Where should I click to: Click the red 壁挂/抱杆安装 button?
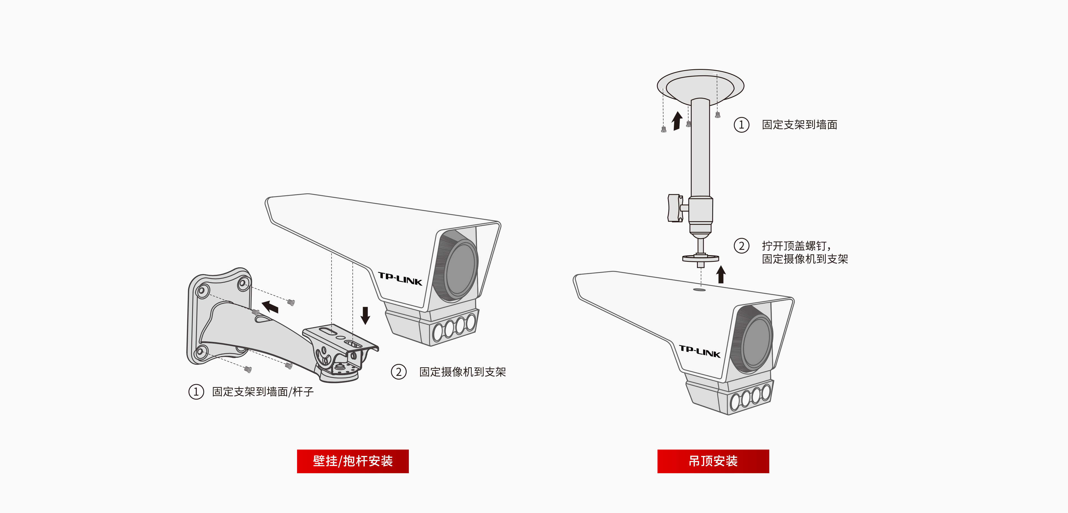352,461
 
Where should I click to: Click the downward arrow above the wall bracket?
365,315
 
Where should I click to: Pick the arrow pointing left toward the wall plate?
270,307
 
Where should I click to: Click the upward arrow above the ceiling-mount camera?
721,275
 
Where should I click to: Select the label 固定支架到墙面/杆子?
263,391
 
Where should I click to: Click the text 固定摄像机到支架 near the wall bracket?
462,372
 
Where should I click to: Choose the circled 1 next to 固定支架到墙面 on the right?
741,124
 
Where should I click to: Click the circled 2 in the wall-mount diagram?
399,372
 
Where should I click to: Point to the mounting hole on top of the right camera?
699,290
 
